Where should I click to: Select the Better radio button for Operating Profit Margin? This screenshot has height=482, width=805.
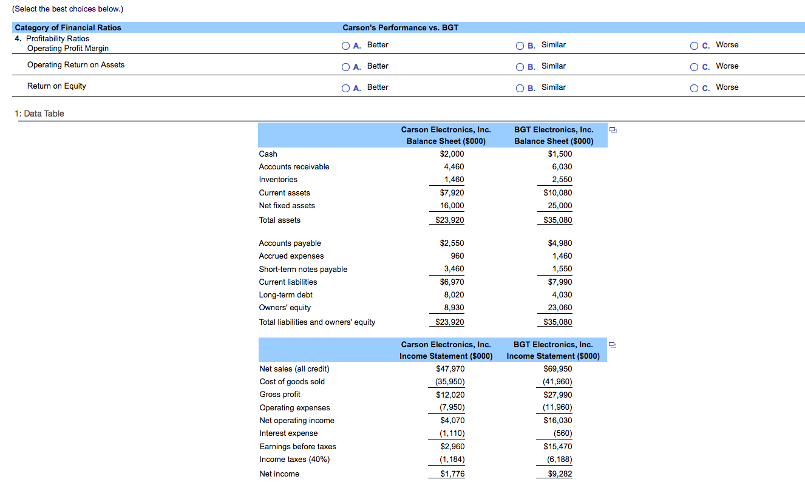(345, 46)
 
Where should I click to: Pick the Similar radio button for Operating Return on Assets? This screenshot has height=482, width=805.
(520, 67)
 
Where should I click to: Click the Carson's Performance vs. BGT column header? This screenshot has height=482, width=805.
(400, 28)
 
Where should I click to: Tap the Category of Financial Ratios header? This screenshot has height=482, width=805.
(68, 28)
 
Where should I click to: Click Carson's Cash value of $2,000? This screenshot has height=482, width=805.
(452, 154)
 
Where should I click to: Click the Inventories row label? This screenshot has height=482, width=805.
(278, 180)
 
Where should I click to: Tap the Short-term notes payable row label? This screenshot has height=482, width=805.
(303, 270)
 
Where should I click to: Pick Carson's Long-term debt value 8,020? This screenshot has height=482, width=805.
(454, 295)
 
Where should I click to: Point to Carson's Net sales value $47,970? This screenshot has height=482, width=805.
(450, 369)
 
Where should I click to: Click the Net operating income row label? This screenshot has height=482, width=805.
(296, 421)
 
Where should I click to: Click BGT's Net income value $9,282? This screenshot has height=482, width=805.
(559, 474)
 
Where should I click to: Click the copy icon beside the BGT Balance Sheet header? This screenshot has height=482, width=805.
(614, 130)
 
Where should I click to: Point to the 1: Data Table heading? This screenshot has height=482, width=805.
(39, 114)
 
